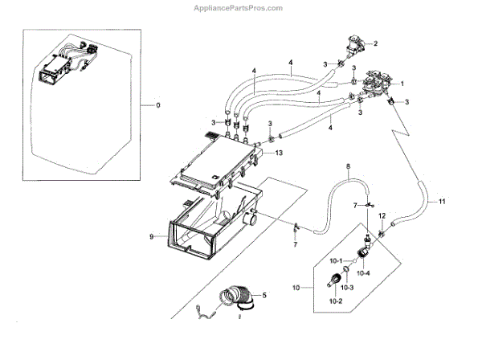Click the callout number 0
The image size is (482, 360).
pyautogui.click(x=158, y=106)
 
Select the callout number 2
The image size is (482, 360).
pyautogui.click(x=374, y=43)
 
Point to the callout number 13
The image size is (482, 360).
pyautogui.click(x=278, y=152)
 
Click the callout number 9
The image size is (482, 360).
pyautogui.click(x=150, y=236)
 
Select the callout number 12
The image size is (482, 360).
pyautogui.click(x=382, y=216)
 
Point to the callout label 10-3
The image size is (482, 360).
pyautogui.click(x=347, y=287)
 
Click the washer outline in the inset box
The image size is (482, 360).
pyautogui.click(x=76, y=104)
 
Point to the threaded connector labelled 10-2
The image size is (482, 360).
pyautogui.click(x=331, y=280)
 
